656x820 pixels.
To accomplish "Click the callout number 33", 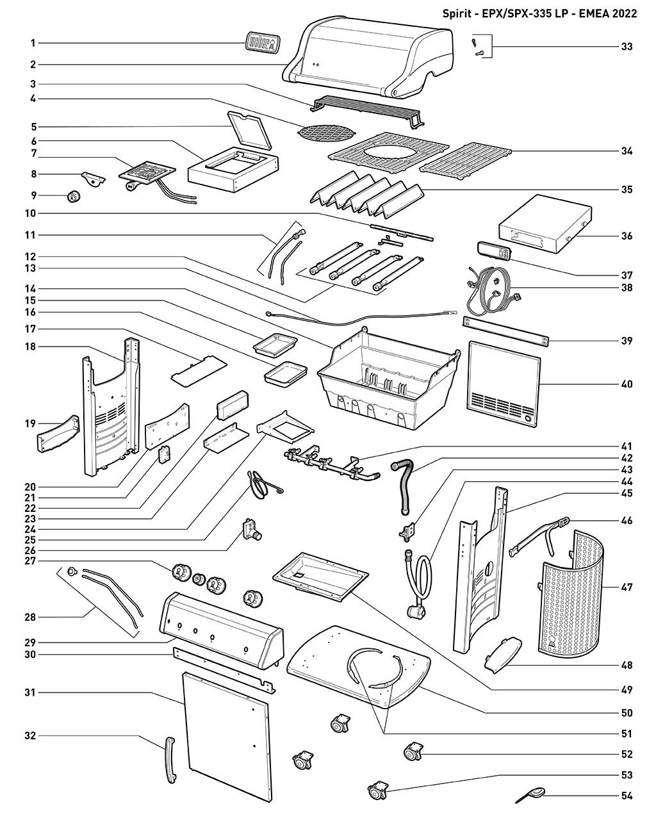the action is tap(627, 47).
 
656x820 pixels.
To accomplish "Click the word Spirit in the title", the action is tap(457, 13).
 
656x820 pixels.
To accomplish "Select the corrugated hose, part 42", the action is tap(403, 487).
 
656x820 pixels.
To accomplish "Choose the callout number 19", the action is tap(29, 423).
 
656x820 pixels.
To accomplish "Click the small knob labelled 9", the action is tap(72, 197).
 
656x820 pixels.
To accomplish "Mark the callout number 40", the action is tap(627, 384).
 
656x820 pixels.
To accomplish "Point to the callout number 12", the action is tap(29, 256).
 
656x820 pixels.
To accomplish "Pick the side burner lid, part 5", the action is tap(250, 129).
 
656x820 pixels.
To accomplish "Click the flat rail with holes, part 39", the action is tap(506, 331).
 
